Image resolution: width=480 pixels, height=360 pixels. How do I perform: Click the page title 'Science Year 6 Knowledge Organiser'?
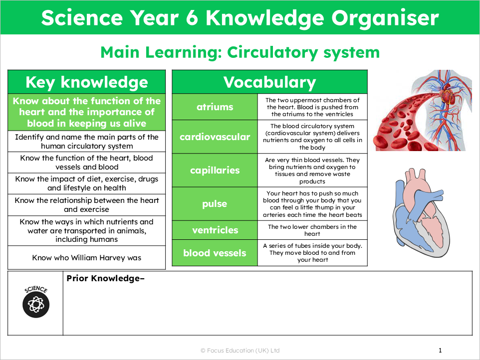tap(240, 18)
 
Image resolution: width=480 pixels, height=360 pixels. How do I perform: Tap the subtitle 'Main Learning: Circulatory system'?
tap(240, 52)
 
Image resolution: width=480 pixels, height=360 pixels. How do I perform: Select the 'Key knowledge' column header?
tap(86, 82)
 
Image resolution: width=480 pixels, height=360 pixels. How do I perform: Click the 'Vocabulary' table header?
tap(269, 82)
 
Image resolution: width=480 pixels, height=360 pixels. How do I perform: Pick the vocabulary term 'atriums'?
tap(215, 107)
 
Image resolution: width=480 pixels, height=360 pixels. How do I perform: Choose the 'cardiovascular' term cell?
tap(215, 136)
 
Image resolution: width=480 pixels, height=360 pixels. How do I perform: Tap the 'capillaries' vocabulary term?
tap(215, 170)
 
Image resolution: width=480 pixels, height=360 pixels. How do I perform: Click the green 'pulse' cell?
tap(215, 204)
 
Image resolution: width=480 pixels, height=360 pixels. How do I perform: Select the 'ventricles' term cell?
tap(215, 230)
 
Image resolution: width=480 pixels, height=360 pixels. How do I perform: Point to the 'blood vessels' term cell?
tap(215, 253)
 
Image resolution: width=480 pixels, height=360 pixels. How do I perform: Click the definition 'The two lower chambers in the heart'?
tap(312, 230)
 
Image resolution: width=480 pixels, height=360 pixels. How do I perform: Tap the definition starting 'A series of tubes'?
tap(312, 253)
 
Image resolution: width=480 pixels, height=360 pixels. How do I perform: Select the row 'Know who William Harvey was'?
tap(86, 258)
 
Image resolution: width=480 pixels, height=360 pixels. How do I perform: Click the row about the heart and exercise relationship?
tap(86, 204)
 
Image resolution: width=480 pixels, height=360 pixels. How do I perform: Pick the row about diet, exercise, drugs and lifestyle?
tap(86, 183)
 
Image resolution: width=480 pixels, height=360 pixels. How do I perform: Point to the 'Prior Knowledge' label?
tap(105, 278)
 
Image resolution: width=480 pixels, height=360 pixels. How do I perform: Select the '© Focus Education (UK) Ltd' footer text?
tap(240, 351)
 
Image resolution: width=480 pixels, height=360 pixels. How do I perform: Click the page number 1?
tap(440, 350)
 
